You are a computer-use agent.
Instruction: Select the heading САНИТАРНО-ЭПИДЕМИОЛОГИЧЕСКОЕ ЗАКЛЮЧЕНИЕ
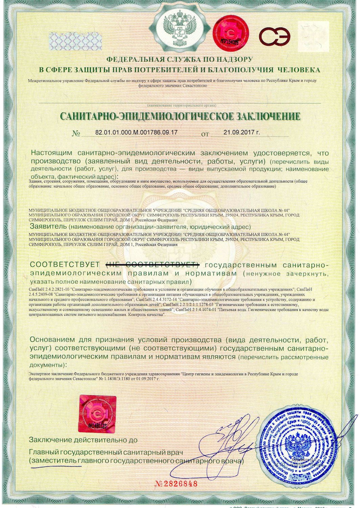point(180,116)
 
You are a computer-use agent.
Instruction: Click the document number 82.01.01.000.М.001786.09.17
point(136,132)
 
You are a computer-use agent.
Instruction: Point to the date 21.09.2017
point(242,132)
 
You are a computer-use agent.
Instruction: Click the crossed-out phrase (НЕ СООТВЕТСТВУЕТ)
point(152,264)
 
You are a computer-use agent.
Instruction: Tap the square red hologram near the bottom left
point(97,414)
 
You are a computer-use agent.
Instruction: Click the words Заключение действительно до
point(83,440)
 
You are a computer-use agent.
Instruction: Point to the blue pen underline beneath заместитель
point(56,466)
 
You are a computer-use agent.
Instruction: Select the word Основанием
point(51,340)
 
